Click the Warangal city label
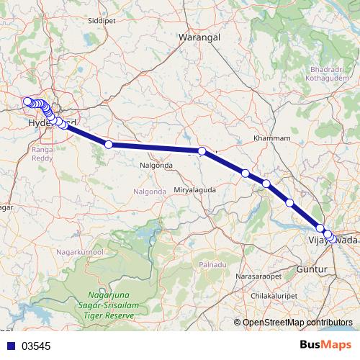[x=198, y=36]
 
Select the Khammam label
[x=272, y=138]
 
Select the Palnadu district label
[x=214, y=264]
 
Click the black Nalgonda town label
[x=157, y=165]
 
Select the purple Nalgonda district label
[x=150, y=192]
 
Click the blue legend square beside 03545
[x=10, y=346]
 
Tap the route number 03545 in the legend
[x=36, y=346]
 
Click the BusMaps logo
[x=326, y=345]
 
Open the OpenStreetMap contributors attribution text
[x=297, y=323]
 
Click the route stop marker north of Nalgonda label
[x=109, y=145]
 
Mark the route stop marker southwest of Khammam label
[x=246, y=174]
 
